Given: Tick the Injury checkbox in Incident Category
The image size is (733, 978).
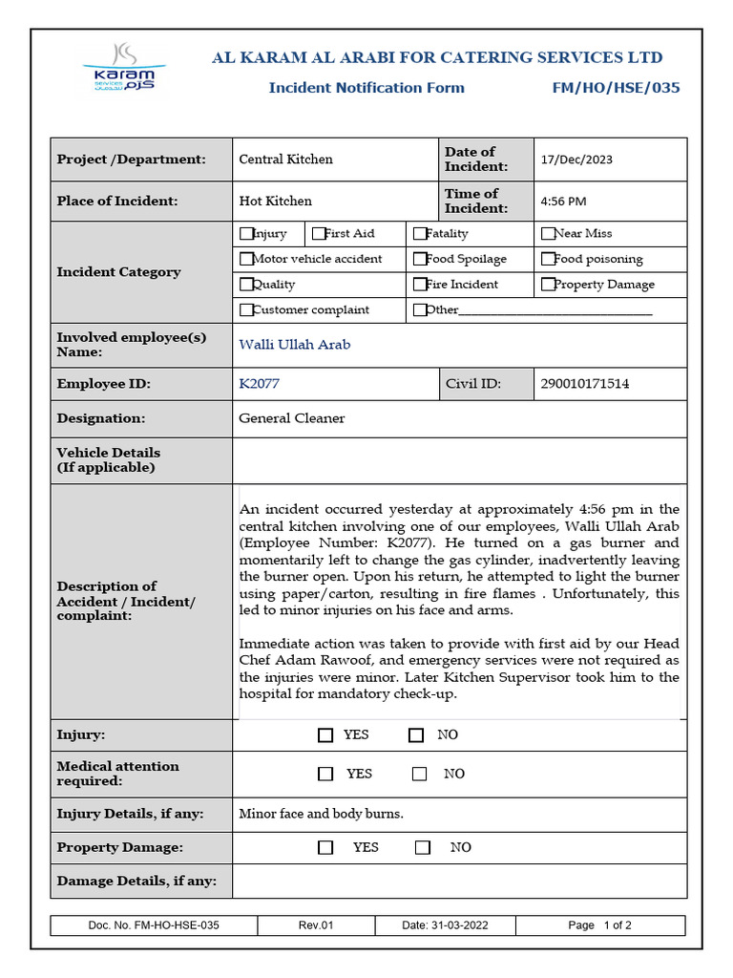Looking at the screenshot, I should tap(246, 233).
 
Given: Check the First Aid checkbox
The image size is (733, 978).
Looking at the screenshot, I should tap(319, 233).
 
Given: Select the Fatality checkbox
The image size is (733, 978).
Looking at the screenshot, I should tap(420, 233).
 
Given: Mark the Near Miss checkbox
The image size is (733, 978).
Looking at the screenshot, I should tap(548, 233).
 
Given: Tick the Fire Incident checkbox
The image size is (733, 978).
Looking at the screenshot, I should tap(420, 285).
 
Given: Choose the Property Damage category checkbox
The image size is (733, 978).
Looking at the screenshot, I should tap(548, 285).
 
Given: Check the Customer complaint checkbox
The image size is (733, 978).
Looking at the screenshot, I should tap(246, 309).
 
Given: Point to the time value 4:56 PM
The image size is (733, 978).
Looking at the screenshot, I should tap(563, 202).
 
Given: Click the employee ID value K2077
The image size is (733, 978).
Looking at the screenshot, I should tap(259, 384).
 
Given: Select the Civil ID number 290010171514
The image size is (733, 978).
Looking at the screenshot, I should tap(584, 384).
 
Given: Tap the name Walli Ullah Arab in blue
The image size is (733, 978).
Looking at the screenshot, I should tap(294, 345).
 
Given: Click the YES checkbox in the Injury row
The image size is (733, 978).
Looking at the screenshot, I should tap(325, 735).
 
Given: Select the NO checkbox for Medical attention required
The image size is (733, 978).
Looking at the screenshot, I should tap(420, 775).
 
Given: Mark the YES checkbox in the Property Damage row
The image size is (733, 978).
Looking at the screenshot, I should tap(326, 848).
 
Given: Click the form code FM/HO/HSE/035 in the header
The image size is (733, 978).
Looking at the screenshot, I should tap(616, 88).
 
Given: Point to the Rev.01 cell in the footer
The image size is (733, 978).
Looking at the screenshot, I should tap(316, 925).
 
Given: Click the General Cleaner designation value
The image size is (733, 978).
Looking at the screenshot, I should tap(291, 418).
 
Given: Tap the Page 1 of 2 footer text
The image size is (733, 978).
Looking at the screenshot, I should tap(599, 925).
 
